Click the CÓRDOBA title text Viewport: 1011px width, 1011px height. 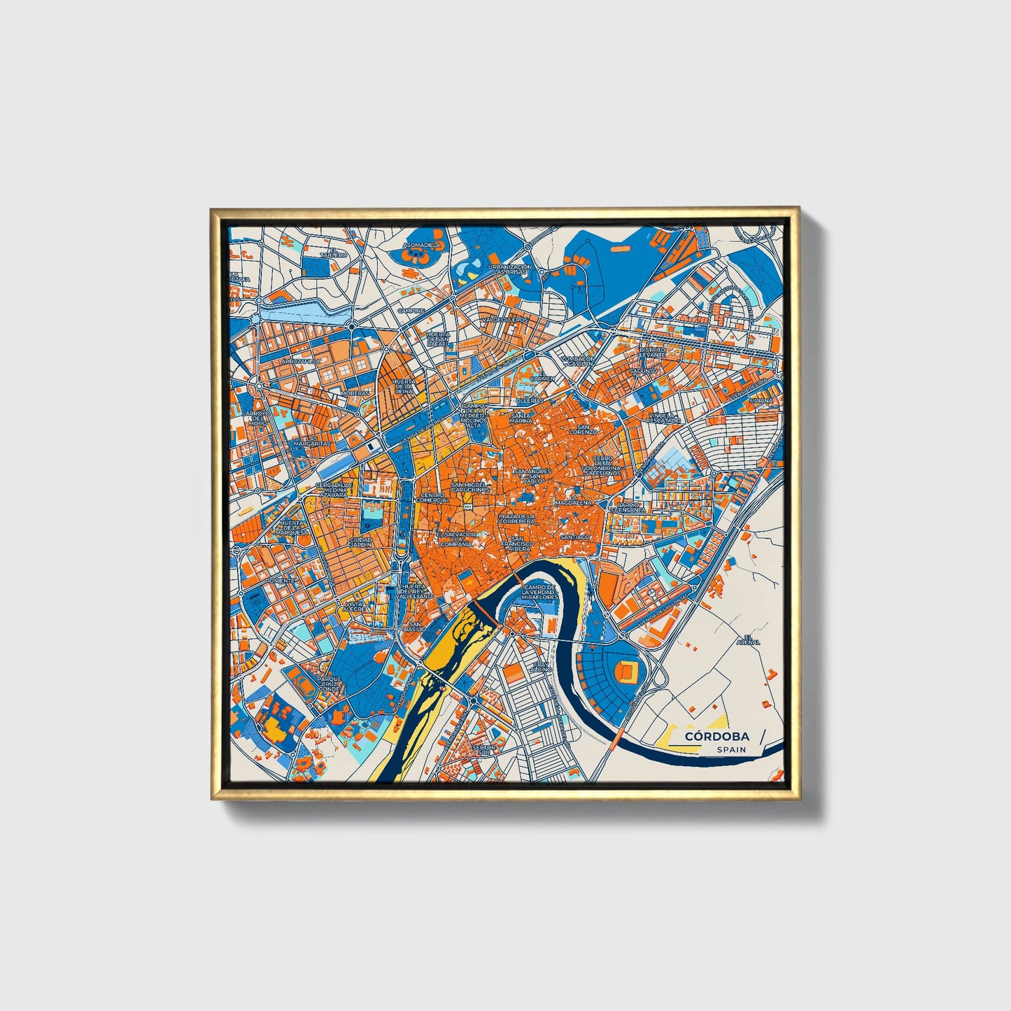[716, 736]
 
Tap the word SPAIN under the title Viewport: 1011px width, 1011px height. [730, 749]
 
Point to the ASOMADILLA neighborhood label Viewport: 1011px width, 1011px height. [423, 246]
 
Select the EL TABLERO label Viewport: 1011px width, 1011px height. [334, 253]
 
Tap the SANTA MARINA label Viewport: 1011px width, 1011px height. [521, 418]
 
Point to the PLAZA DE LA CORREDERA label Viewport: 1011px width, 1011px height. [517, 518]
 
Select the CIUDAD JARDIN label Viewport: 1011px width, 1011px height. [361, 542]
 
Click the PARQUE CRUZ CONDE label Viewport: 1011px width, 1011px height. [329, 684]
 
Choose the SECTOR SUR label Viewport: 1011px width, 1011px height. [484, 750]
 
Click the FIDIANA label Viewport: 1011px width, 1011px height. [762, 401]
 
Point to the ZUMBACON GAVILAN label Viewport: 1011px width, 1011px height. [577, 361]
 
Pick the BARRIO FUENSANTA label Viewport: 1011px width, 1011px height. [627, 507]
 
